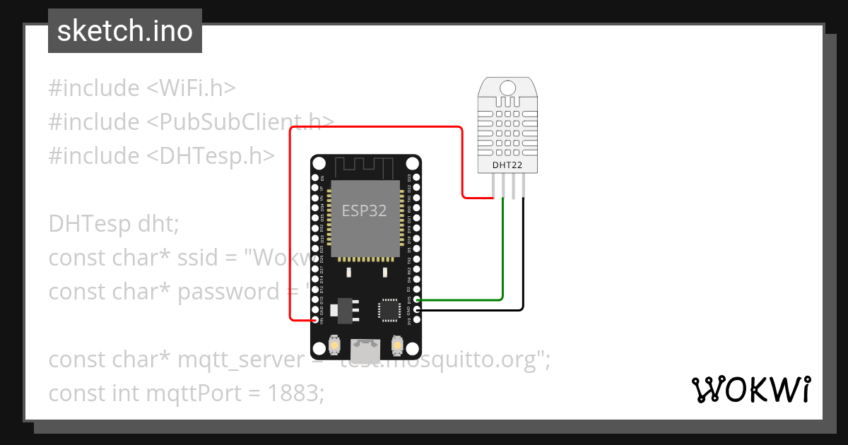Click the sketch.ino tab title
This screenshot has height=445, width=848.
(125, 31)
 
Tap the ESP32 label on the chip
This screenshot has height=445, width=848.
(364, 210)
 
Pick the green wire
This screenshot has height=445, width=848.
(502, 254)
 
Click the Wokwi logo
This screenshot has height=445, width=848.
(750, 388)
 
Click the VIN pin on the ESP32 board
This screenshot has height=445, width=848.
(315, 320)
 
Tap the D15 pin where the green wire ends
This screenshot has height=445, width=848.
(417, 300)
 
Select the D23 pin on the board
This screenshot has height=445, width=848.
(417, 177)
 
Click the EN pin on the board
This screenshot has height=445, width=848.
(315, 177)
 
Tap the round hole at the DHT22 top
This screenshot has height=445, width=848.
(507, 88)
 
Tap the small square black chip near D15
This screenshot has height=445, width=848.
(389, 309)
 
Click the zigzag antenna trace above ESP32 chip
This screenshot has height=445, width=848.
(364, 168)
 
